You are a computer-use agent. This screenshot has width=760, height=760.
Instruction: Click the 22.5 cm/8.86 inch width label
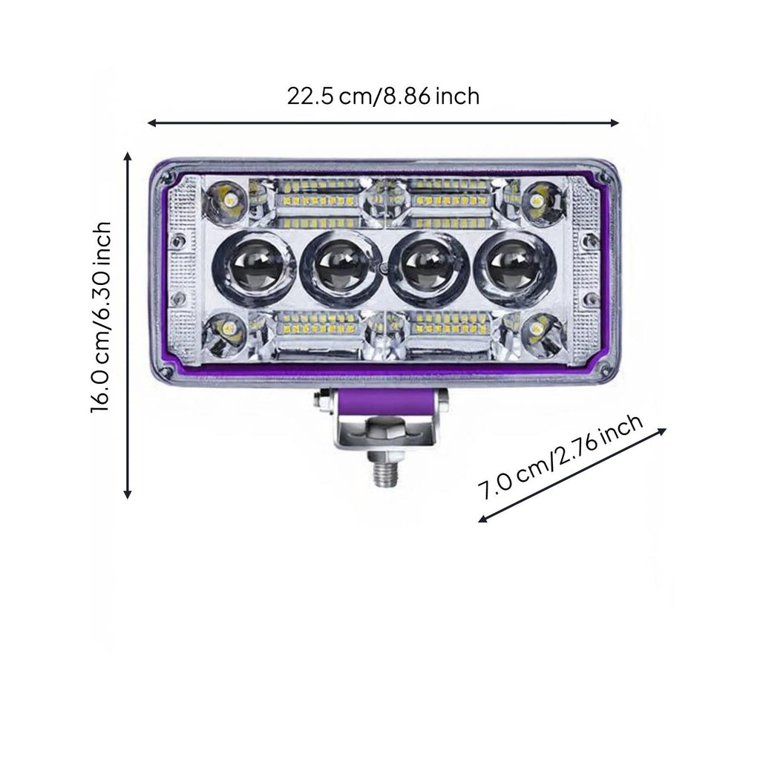383,96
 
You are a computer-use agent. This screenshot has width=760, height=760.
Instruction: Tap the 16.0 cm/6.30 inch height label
101,318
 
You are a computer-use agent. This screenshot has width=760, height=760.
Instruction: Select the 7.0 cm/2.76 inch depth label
561,457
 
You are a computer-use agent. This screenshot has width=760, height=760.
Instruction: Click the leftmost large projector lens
253,266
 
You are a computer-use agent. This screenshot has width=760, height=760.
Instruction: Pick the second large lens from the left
339,267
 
